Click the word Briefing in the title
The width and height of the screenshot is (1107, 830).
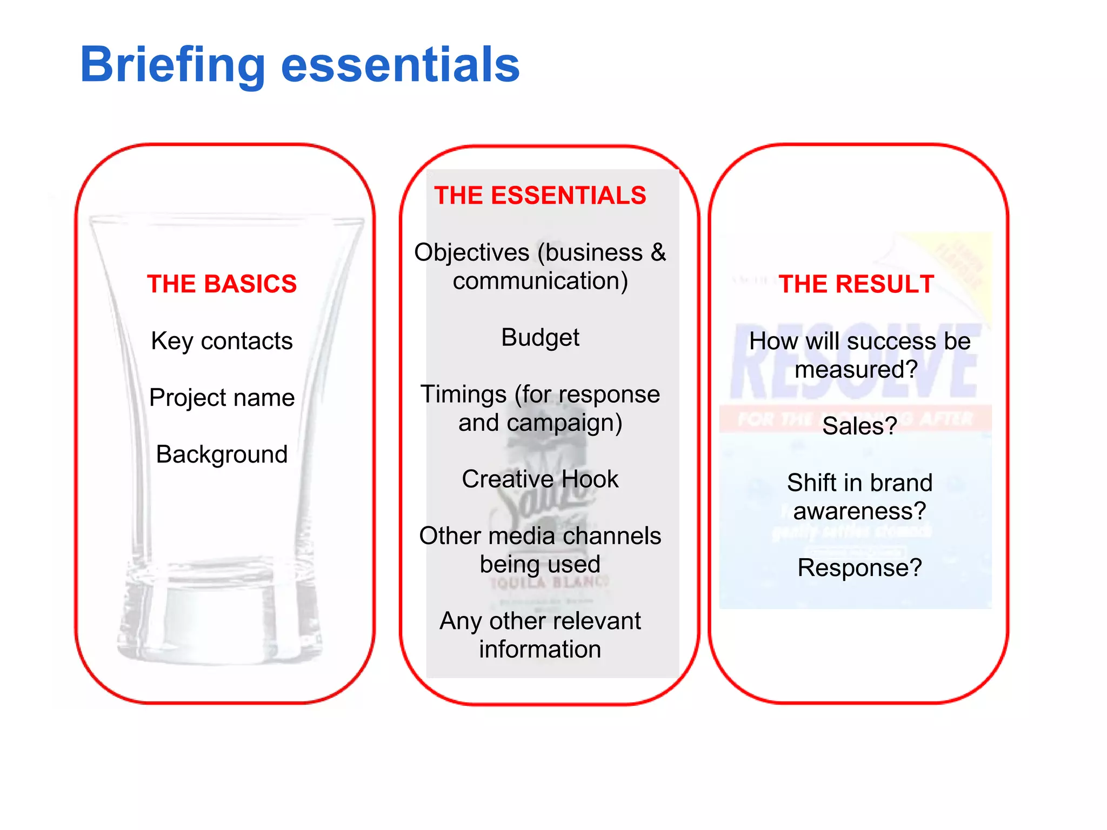[x=172, y=65]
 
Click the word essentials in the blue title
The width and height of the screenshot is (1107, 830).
[x=400, y=65]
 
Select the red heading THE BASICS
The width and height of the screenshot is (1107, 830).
[x=222, y=284]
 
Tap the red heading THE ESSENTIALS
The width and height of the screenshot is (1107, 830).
[x=540, y=196]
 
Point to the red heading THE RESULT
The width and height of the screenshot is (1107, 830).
[x=856, y=284]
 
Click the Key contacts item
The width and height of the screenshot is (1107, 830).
[x=222, y=341]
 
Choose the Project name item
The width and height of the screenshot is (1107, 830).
[x=222, y=398]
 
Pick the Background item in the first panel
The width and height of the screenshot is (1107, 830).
[x=222, y=454]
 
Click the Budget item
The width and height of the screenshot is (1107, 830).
[x=540, y=338]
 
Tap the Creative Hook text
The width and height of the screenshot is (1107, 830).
[x=540, y=479]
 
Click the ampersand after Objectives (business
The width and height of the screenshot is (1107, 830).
[x=658, y=252]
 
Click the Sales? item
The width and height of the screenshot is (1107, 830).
[x=859, y=426]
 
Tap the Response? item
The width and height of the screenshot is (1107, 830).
[x=859, y=568]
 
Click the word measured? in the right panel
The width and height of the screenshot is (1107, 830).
[x=856, y=370]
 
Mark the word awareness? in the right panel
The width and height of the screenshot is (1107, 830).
[x=859, y=511]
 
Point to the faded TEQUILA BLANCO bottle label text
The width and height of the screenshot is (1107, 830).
[x=549, y=583]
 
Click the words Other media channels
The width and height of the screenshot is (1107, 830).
[x=540, y=536]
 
